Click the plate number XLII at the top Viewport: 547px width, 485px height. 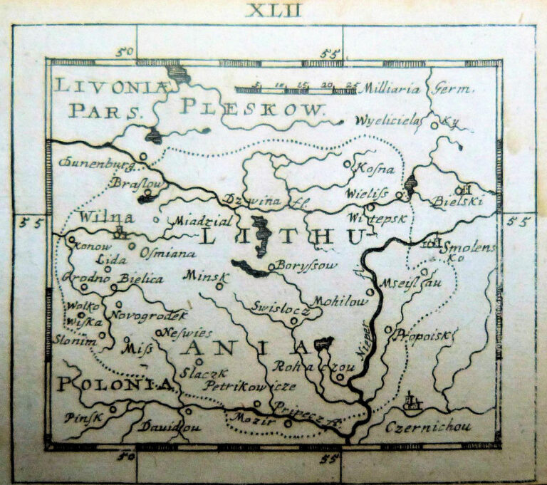(273, 10)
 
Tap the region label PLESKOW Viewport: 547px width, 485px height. (251, 108)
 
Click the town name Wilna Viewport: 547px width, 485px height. (107, 217)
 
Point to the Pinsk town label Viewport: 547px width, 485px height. (83, 417)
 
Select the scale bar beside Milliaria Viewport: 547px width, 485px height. (296, 89)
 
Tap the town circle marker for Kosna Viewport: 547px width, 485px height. (347, 164)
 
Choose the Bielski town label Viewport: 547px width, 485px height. (457, 202)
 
